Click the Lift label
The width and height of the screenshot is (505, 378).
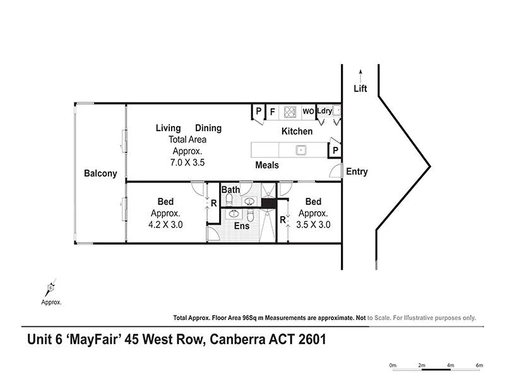click(x=360, y=89)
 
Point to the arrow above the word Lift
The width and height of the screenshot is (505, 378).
click(x=360, y=73)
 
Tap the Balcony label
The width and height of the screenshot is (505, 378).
click(x=100, y=174)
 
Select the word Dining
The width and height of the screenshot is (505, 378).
click(x=208, y=128)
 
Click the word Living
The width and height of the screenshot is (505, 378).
click(x=169, y=128)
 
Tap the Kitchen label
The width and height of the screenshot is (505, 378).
click(x=297, y=132)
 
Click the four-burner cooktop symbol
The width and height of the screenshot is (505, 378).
click(x=290, y=112)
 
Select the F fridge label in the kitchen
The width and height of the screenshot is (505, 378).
click(x=273, y=112)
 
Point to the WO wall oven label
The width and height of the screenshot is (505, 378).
click(x=308, y=112)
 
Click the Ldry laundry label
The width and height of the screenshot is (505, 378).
click(x=324, y=112)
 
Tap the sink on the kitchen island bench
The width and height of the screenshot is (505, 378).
click(x=301, y=150)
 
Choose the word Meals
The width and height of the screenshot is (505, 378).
click(x=267, y=165)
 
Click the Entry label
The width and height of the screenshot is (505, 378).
click(x=356, y=171)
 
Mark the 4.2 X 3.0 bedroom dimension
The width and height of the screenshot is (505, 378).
click(x=165, y=224)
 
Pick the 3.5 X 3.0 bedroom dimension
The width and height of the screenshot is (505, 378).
click(x=313, y=224)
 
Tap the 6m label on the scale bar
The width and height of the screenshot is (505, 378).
click(x=478, y=365)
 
